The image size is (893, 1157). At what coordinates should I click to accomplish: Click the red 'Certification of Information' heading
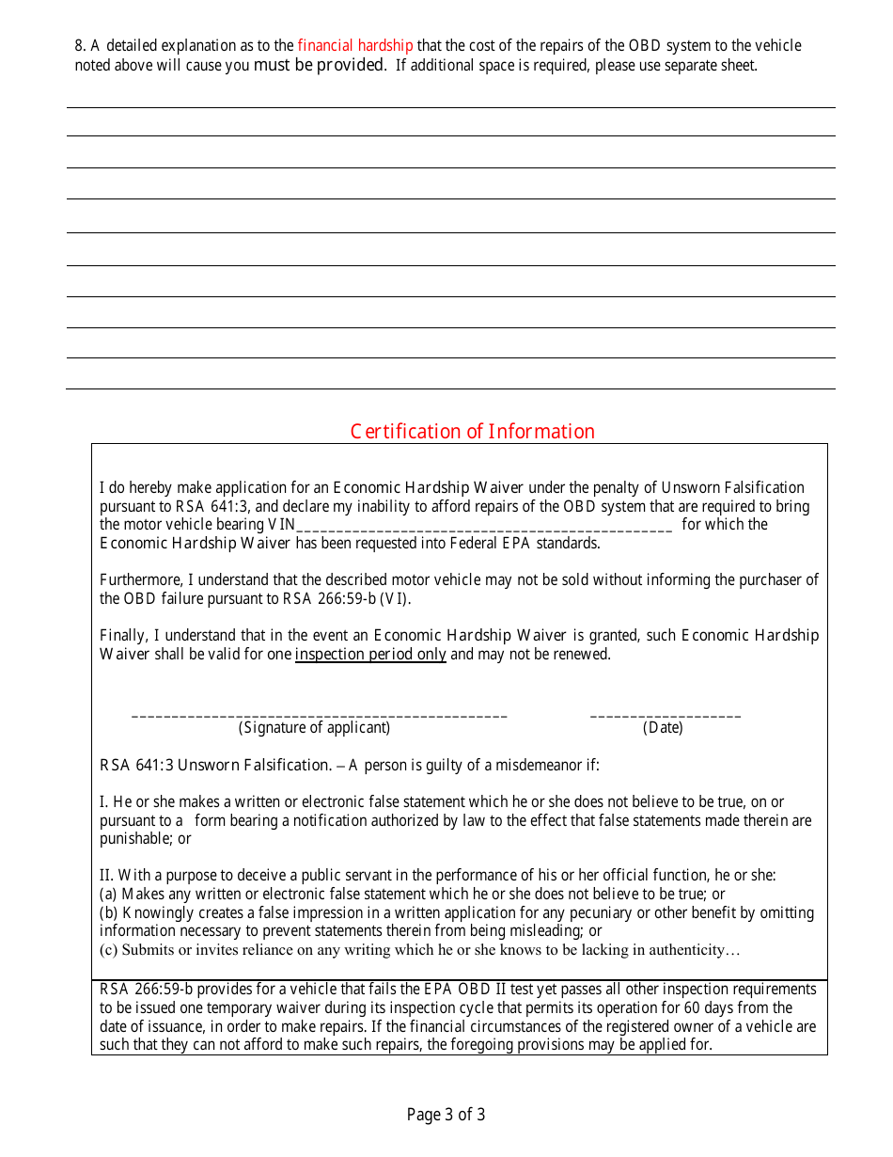coord(472,432)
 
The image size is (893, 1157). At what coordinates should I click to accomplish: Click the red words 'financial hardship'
coord(355,45)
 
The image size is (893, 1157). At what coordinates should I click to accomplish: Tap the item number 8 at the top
coord(79,45)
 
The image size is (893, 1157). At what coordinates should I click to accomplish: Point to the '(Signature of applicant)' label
coord(314,728)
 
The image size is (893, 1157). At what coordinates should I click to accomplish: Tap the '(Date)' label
coord(663,728)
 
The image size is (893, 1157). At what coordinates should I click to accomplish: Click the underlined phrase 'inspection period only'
coord(370,655)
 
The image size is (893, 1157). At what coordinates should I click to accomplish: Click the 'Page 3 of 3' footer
coord(446,1115)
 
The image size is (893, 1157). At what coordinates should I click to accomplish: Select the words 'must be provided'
coord(320,65)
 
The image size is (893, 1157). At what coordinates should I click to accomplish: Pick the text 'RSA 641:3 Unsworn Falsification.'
coord(215,765)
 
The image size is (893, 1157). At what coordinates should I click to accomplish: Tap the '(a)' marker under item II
coord(109,894)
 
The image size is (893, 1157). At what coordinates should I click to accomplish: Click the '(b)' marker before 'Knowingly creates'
coord(109,912)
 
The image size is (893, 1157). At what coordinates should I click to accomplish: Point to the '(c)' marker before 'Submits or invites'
coord(109,950)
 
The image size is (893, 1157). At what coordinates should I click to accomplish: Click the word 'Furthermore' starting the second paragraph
coord(138,580)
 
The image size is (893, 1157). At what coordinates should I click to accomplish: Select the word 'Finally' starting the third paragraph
coord(121,636)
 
